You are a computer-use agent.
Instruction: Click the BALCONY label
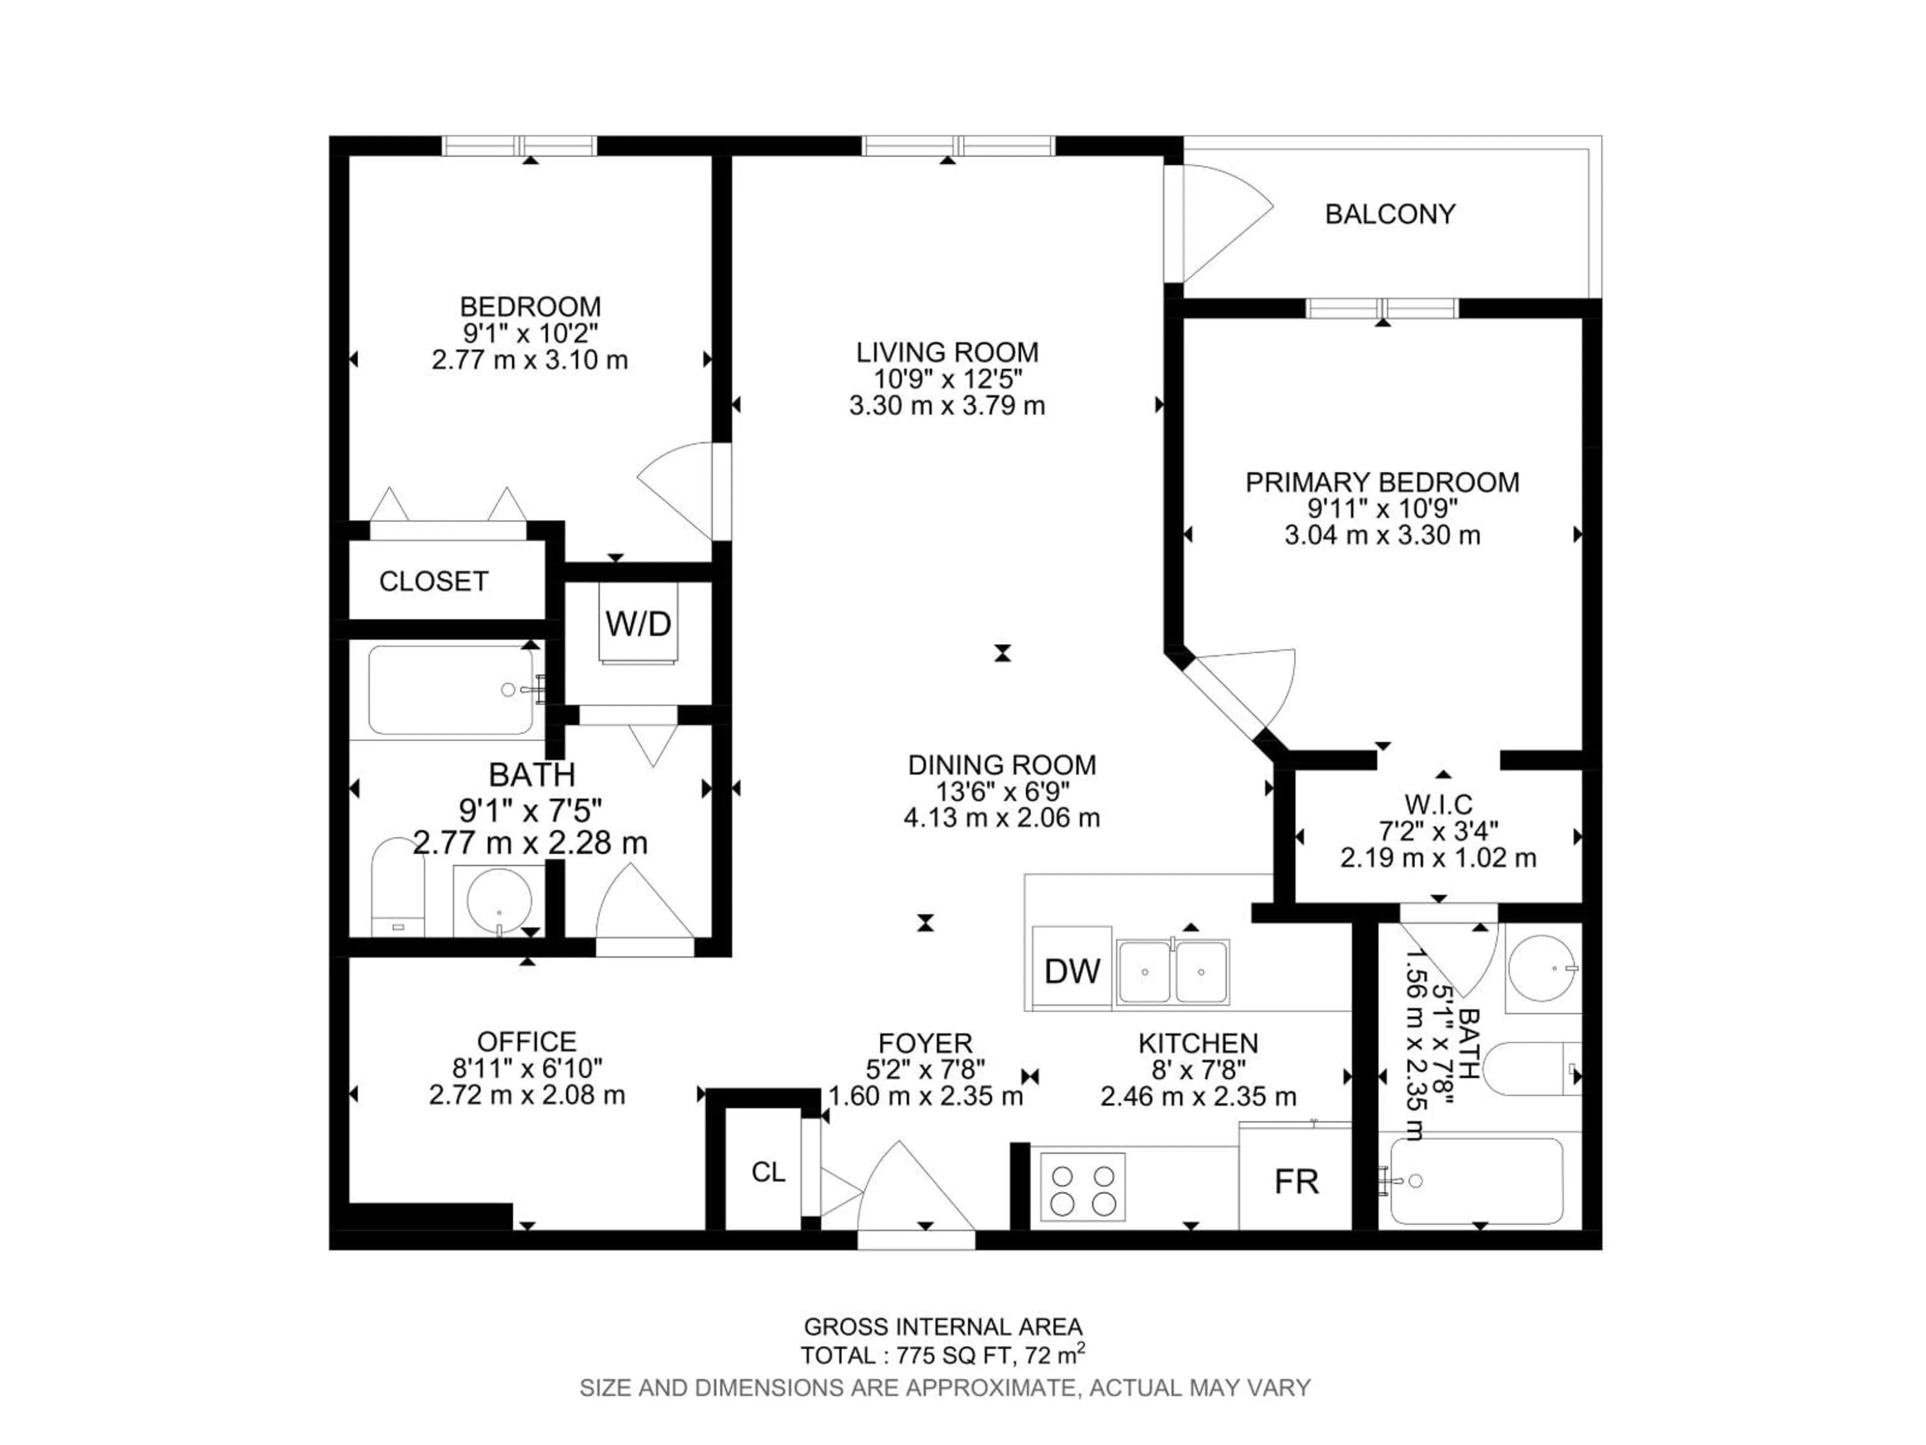pos(1390,214)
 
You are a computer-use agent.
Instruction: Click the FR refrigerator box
pos(1296,1181)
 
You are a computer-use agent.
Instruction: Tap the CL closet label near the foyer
pos(768,1173)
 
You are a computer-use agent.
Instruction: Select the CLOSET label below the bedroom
pos(434,581)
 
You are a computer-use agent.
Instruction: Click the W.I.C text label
pos(1437,803)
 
